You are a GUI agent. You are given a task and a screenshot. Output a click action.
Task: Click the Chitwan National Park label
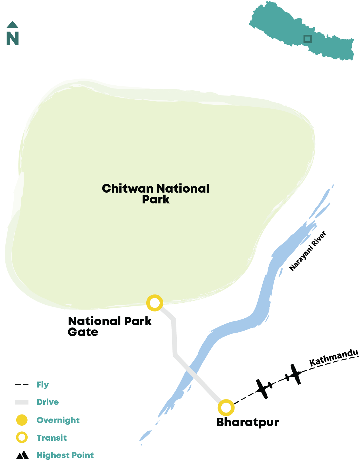pyautogui.click(x=155, y=193)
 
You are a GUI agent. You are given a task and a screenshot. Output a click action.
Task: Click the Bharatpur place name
pyautogui.click(x=248, y=423)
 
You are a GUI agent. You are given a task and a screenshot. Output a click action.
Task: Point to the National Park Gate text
pyautogui.click(x=110, y=326)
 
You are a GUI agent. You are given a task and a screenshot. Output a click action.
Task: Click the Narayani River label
pyautogui.click(x=307, y=250)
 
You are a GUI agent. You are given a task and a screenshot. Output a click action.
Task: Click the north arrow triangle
pyautogui.click(x=13, y=24)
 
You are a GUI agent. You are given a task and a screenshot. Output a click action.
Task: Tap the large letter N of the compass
pyautogui.click(x=13, y=38)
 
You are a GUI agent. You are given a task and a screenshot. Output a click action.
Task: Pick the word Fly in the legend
pyautogui.click(x=43, y=385)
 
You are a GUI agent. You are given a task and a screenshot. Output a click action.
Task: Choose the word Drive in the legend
pyautogui.click(x=48, y=402)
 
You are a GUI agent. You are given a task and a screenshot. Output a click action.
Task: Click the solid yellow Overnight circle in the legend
pyautogui.click(x=22, y=420)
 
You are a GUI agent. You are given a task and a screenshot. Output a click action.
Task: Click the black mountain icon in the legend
pyautogui.click(x=22, y=455)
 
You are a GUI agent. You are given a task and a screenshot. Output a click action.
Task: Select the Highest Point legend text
pyautogui.click(x=65, y=455)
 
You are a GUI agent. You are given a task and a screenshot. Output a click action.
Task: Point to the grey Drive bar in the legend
pyautogui.click(x=22, y=402)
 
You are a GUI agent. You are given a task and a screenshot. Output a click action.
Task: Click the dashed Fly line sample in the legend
pyautogui.click(x=22, y=385)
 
